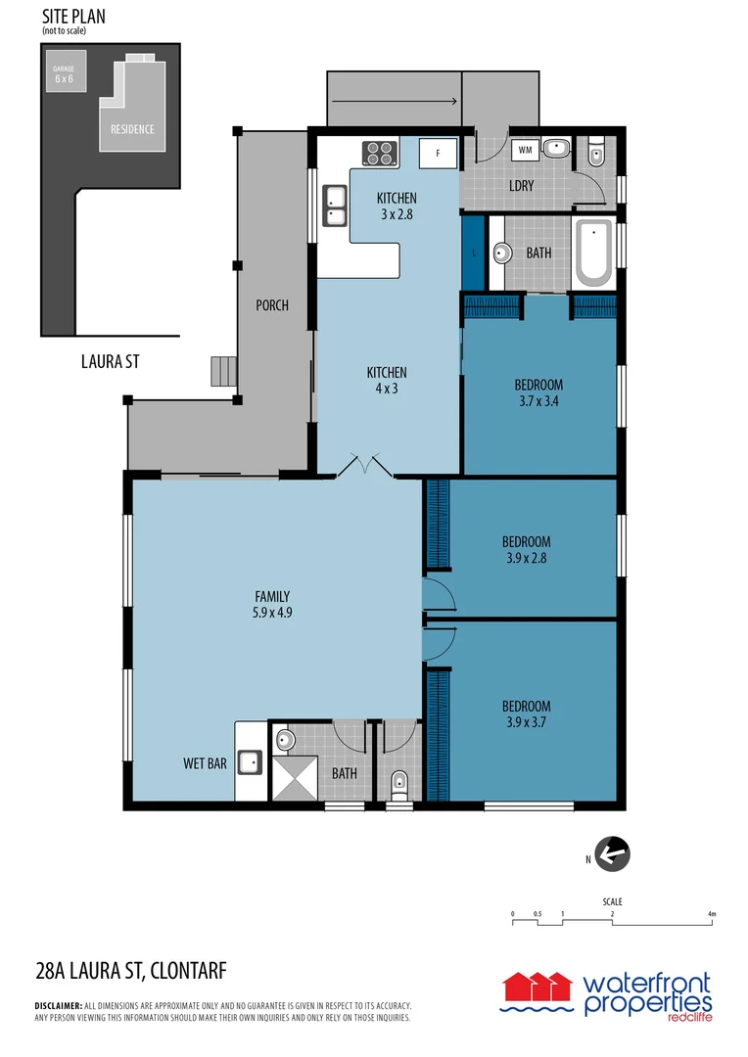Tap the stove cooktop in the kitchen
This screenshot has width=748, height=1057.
point(380,152)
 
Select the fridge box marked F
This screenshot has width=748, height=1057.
point(438,153)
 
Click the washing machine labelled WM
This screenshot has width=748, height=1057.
point(525,150)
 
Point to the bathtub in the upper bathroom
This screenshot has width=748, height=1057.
point(592,253)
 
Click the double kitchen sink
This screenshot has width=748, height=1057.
point(334,206)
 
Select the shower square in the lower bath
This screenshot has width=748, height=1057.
point(293,779)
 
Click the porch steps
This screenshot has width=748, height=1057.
point(224,371)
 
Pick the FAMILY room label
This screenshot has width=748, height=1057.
point(271,596)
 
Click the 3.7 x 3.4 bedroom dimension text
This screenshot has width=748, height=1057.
point(538,400)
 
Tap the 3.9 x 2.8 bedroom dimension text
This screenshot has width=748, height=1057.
point(526,559)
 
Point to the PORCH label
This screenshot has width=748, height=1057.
point(271,305)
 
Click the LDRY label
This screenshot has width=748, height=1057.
point(521,185)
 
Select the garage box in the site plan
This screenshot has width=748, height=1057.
point(64,72)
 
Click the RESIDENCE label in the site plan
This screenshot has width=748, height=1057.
point(131,129)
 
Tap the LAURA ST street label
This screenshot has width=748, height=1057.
point(110,362)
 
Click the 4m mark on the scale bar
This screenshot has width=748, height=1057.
point(712,914)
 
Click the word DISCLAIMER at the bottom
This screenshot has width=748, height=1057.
point(58,1005)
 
